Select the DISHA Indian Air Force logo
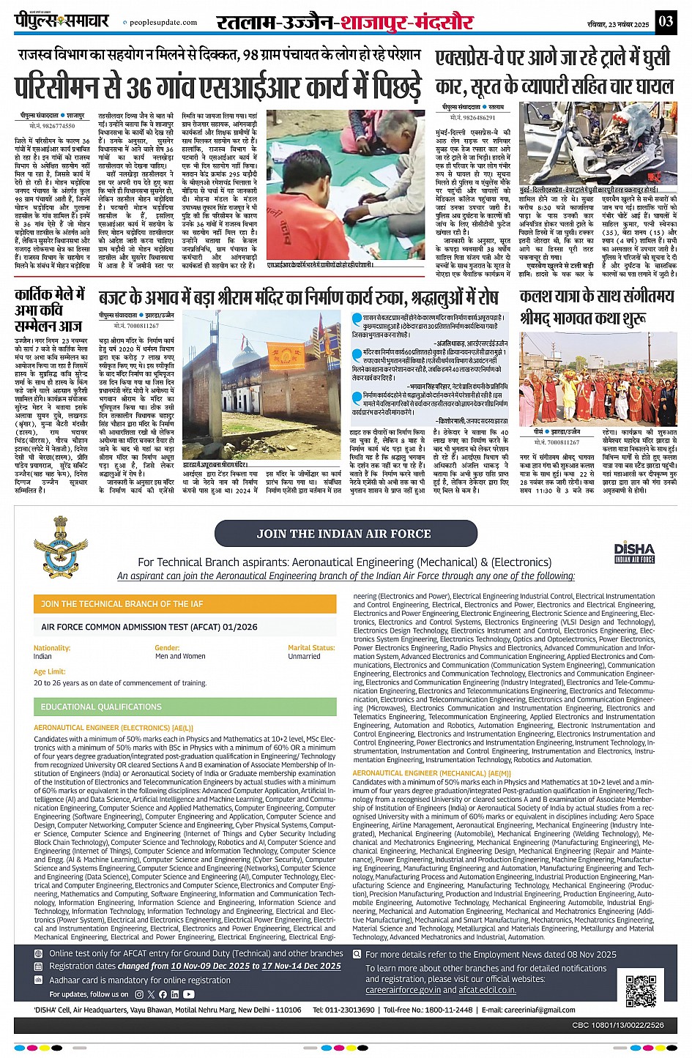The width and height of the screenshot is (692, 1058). pos(634,552)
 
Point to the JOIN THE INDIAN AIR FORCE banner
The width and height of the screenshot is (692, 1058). pos(343,534)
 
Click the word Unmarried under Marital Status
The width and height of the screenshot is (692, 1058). pos(304,656)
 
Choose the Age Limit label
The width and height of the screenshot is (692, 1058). pos(50,671)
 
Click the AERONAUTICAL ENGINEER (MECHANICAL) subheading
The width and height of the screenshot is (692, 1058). pos(431,773)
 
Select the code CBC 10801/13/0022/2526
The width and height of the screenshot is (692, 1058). pos(618,1025)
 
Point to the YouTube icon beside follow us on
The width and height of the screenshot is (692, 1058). pos(189,994)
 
